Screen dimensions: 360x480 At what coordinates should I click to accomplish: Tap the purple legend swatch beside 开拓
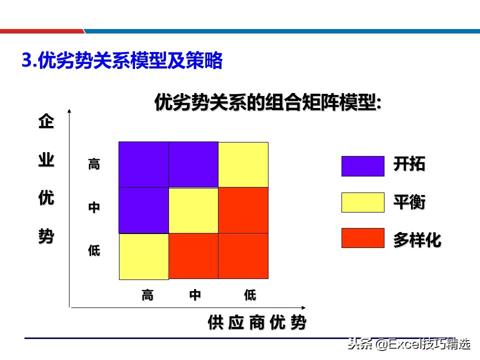(x=362, y=166)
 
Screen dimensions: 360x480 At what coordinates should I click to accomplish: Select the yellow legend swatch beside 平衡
(x=362, y=202)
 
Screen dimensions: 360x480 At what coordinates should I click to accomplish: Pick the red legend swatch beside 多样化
(x=362, y=238)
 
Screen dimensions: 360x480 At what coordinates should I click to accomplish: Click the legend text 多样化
(x=417, y=240)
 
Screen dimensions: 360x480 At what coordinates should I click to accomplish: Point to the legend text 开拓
(x=409, y=164)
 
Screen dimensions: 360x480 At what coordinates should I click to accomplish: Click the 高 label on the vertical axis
(x=94, y=164)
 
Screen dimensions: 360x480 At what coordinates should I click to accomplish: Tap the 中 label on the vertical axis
(x=94, y=207)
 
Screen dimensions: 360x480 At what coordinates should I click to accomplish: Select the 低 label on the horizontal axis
(x=250, y=295)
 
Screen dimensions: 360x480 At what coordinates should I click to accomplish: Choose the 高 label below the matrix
(x=147, y=295)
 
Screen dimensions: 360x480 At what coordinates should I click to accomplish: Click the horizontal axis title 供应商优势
(x=256, y=323)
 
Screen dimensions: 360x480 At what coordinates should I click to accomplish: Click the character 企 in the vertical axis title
(x=46, y=122)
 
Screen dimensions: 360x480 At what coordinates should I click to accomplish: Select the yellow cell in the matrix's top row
(x=243, y=164)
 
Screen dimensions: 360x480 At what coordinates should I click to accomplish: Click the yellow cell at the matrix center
(x=193, y=210)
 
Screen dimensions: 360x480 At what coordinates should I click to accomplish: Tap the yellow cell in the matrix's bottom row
(x=144, y=256)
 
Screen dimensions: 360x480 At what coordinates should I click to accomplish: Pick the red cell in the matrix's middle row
(x=243, y=210)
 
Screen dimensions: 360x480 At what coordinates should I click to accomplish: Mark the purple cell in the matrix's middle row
(x=143, y=210)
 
